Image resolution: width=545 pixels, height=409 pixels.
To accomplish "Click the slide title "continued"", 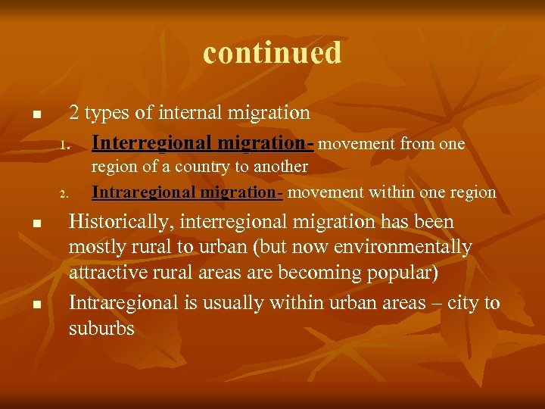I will pos(272,53).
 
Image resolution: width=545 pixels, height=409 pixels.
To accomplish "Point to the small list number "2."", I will pos(65,194).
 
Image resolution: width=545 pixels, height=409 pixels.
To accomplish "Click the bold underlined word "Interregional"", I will pos(151,143).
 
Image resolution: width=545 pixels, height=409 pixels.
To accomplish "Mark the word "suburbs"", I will pos(101,329).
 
